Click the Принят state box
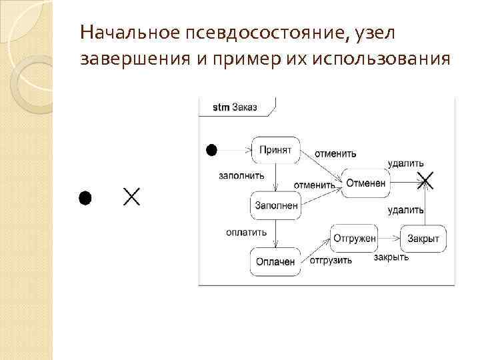275,150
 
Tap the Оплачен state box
275,261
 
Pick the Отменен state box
366,183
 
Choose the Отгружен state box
354,237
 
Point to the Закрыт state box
423,238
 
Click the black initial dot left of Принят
211,150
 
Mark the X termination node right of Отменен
425,180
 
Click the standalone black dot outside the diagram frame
85,197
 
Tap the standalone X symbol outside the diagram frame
131,197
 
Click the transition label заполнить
241,176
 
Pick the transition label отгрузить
331,260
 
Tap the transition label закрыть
391,257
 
